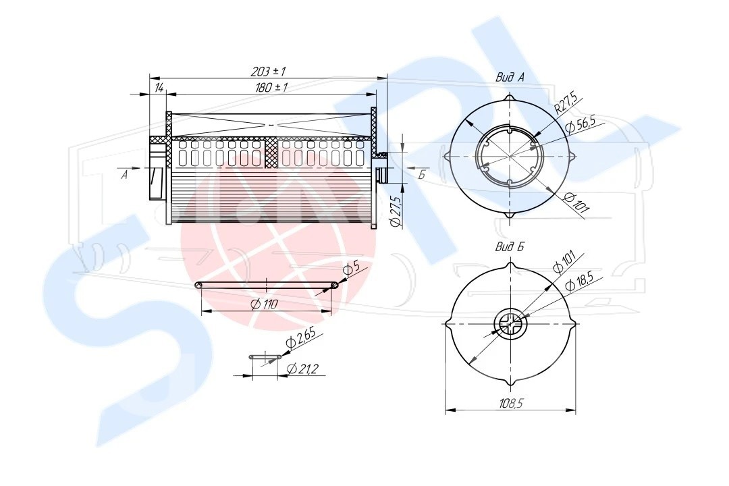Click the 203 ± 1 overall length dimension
(x=268, y=72)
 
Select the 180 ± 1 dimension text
(x=271, y=88)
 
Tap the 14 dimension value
(x=159, y=88)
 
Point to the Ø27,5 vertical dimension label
(x=396, y=211)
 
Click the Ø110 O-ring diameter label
(x=264, y=304)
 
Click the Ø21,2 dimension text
(x=302, y=369)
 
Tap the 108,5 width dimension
(x=511, y=403)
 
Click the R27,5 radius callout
(x=566, y=103)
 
